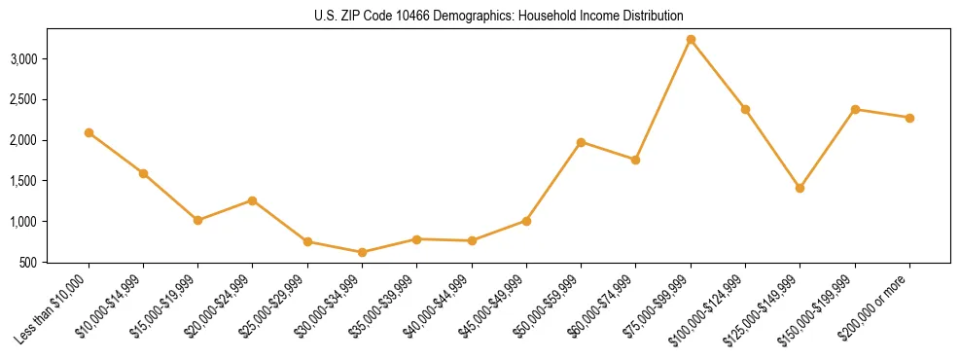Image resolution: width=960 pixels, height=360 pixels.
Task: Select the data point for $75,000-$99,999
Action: point(691,40)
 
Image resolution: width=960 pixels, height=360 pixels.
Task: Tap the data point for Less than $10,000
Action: point(89,132)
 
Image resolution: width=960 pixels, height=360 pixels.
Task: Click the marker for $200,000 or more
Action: point(909,118)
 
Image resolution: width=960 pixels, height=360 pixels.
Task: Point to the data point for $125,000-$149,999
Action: point(800,188)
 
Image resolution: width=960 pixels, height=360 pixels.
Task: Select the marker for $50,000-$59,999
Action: point(581,142)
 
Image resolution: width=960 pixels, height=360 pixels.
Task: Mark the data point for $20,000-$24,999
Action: point(253,200)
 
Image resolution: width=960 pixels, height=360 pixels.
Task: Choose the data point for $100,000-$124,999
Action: point(745,109)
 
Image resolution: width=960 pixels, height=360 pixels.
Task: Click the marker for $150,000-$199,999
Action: point(855,109)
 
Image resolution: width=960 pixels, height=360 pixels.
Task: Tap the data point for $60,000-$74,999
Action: point(635,160)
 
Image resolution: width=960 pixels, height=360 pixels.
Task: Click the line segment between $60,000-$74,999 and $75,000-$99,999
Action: point(663,99)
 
